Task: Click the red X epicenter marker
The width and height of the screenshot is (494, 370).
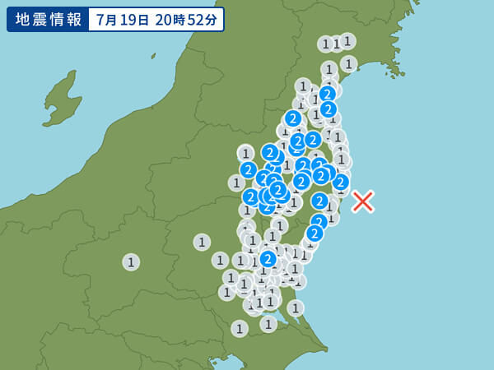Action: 362,201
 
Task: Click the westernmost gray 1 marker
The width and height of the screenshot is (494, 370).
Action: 131,261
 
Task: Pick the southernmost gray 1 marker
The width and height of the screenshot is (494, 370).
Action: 240,328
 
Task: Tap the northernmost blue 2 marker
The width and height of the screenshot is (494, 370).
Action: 327,94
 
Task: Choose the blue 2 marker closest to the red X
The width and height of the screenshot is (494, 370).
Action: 340,182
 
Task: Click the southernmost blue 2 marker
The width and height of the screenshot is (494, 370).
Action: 268,259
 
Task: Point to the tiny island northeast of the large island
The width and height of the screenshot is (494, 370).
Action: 153,56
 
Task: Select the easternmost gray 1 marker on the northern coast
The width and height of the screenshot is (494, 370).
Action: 348,63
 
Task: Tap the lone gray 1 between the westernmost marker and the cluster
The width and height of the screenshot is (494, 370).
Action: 202,242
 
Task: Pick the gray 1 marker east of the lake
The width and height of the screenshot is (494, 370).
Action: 296,308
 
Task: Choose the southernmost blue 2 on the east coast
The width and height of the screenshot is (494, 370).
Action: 315,234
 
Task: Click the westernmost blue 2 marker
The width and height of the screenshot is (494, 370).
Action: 248,170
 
